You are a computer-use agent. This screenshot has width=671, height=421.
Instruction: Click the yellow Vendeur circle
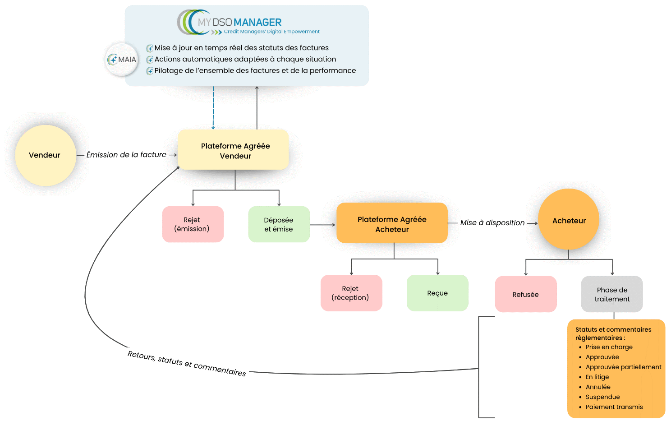tap(45, 155)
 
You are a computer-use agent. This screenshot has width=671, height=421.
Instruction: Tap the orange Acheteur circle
tap(569, 220)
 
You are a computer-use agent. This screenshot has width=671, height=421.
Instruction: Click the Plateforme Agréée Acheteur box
tap(392, 224)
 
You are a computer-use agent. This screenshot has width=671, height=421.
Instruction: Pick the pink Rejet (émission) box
tap(193, 224)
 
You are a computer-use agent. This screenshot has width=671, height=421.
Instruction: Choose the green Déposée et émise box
tap(279, 224)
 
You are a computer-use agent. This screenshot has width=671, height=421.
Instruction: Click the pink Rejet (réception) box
tap(351, 293)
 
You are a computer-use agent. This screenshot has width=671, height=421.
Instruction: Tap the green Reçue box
tap(437, 293)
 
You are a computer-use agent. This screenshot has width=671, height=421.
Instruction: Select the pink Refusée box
tap(525, 294)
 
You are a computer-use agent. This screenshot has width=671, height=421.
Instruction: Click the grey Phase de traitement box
tap(612, 294)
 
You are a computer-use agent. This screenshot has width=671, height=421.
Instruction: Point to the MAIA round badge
tap(122, 60)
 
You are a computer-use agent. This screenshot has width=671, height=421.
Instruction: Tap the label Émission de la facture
tap(126, 155)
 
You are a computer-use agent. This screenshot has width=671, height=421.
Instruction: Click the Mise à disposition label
tap(492, 222)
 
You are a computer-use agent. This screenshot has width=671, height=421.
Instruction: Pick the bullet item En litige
tap(597, 377)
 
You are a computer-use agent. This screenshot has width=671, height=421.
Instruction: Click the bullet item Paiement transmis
tap(614, 407)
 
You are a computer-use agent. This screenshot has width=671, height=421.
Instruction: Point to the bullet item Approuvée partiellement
tap(623, 367)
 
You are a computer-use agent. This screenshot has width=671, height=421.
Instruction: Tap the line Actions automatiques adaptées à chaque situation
tap(245, 59)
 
